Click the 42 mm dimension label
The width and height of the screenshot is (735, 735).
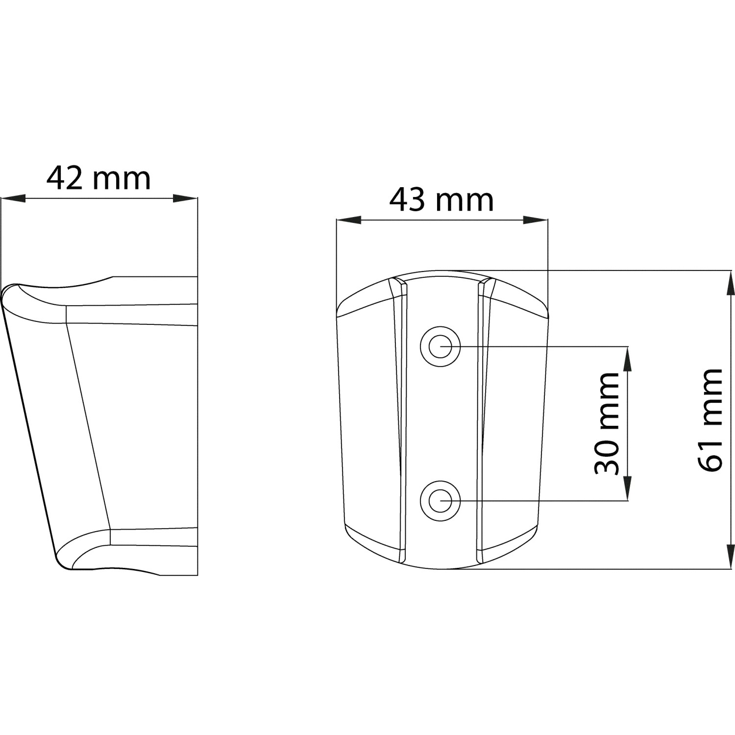pyautogui.click(x=98, y=179)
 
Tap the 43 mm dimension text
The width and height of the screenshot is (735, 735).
pyautogui.click(x=441, y=200)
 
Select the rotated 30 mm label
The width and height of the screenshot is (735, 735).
pyautogui.click(x=606, y=423)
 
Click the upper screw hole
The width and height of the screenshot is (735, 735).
pyautogui.click(x=441, y=346)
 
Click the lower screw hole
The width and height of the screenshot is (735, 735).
pyautogui.click(x=441, y=500)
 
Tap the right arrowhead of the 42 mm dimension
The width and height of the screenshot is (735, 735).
pyautogui.click(x=185, y=198)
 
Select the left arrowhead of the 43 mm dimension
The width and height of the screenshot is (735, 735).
pyautogui.click(x=348, y=220)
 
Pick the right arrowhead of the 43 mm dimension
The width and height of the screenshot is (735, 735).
pyautogui.click(x=536, y=220)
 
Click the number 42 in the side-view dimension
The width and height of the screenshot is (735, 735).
pyautogui.click(x=65, y=179)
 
